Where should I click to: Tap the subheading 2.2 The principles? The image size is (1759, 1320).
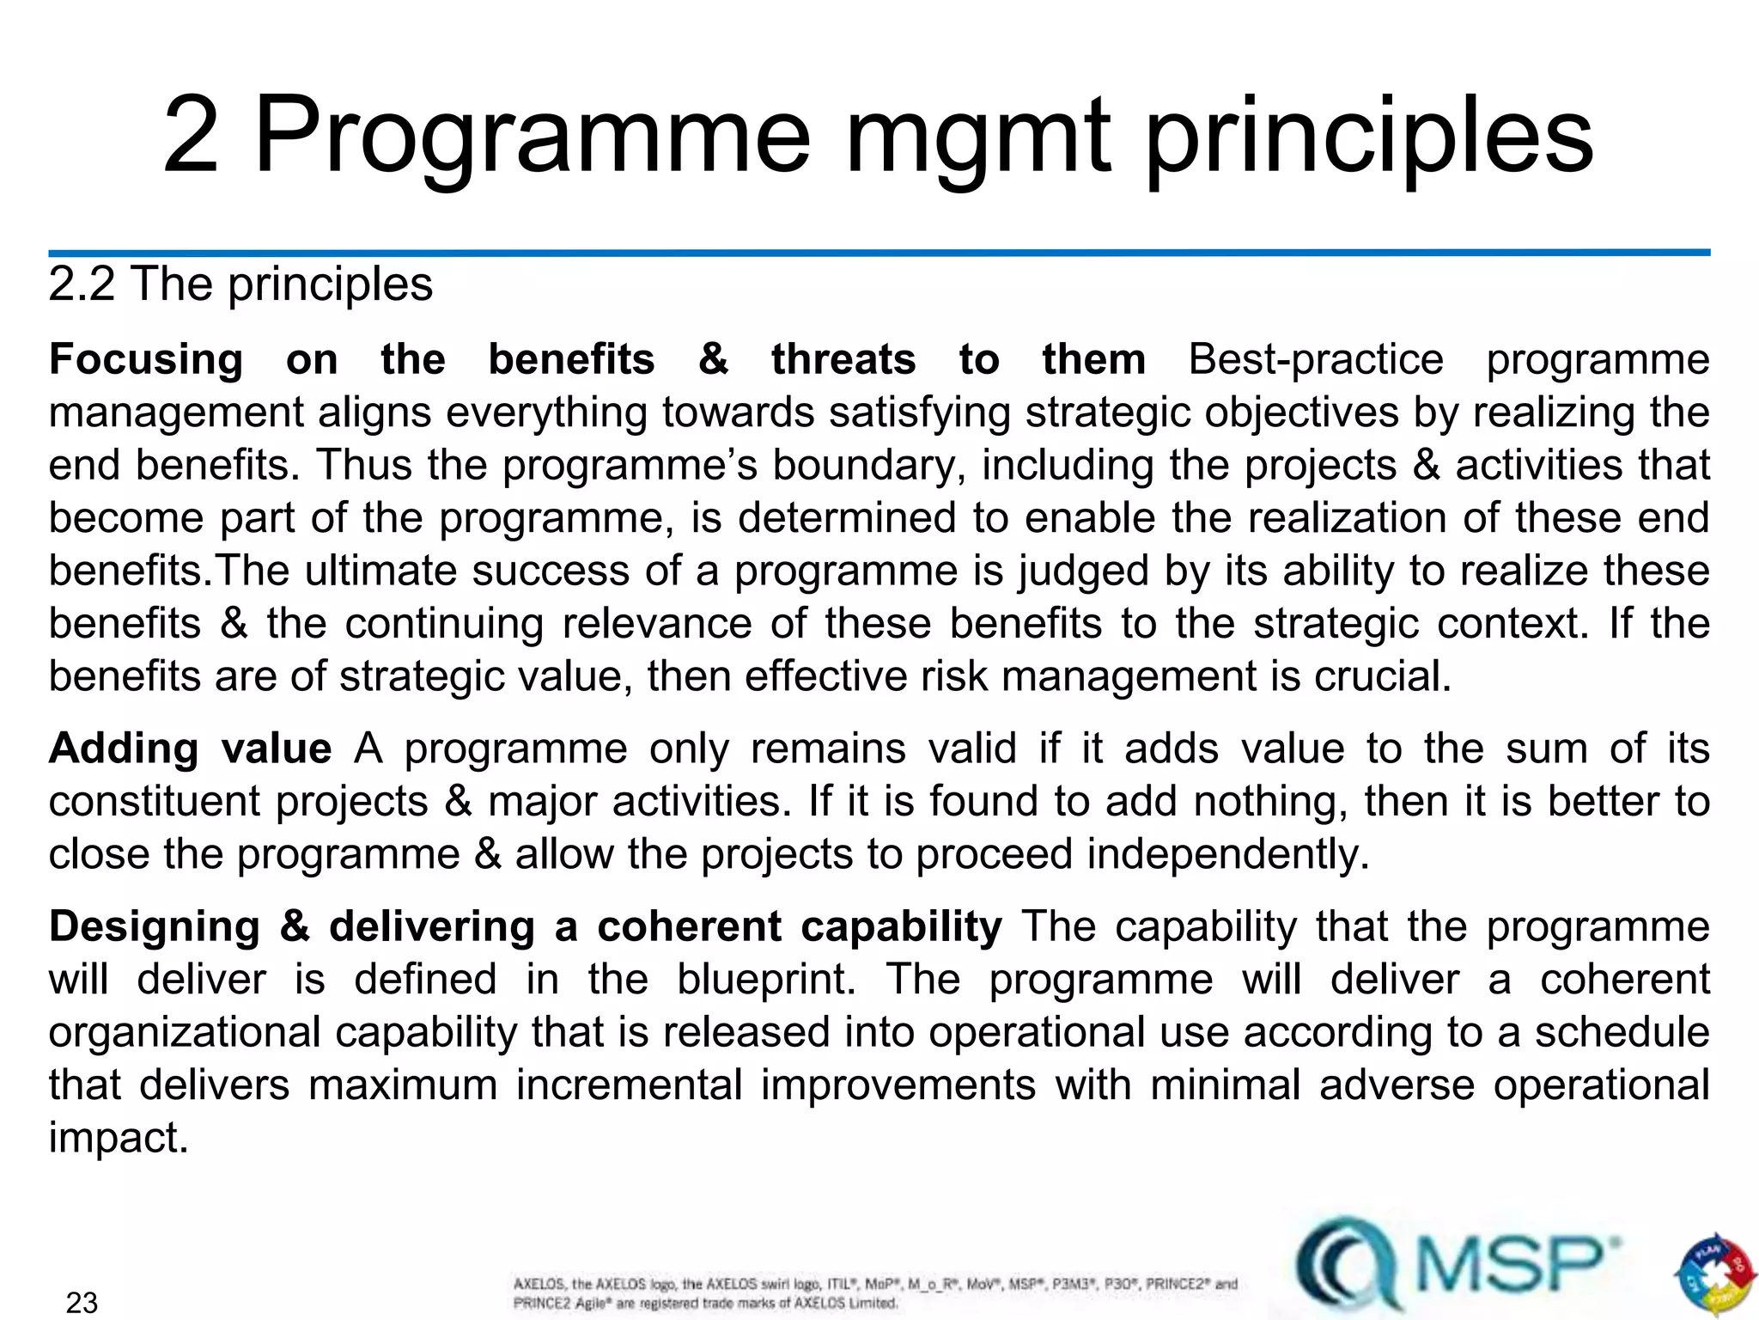[x=240, y=284]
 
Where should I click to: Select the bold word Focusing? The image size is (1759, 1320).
[x=146, y=359]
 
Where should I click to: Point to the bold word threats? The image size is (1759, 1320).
[x=843, y=359]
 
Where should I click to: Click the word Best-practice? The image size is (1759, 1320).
[x=1316, y=359]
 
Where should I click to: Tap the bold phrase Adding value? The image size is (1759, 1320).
[x=190, y=749]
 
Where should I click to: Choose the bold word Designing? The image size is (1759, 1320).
[x=155, y=927]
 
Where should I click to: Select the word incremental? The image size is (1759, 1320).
[x=629, y=1085]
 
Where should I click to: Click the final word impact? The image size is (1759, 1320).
[x=117, y=1139]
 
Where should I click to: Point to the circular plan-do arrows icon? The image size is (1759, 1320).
[x=1713, y=1274]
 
